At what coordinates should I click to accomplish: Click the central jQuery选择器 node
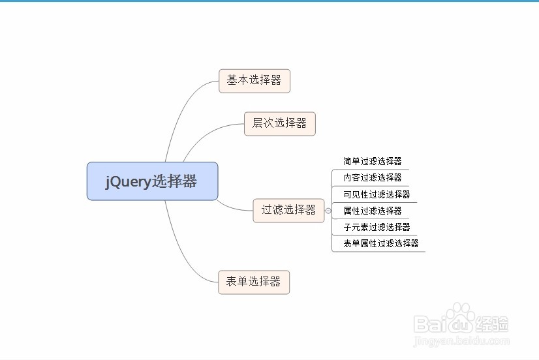coord(152,181)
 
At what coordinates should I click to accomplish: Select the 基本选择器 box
coord(254,81)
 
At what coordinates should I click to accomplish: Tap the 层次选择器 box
coord(279,123)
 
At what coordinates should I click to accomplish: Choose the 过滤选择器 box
coord(288,210)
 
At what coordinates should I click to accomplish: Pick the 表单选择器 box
coord(253,282)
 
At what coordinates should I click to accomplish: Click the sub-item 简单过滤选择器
coord(373,161)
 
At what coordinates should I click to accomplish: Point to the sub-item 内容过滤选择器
coord(373,177)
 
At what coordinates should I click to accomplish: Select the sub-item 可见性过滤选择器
coord(377,194)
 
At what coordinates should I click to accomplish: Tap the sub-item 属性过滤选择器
coord(373,211)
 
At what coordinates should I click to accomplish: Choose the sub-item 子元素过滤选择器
coord(377,227)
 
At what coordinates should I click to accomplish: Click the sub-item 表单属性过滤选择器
coord(380,244)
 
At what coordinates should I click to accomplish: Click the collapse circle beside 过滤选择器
coord(328,211)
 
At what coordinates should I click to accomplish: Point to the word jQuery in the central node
coord(129,182)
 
